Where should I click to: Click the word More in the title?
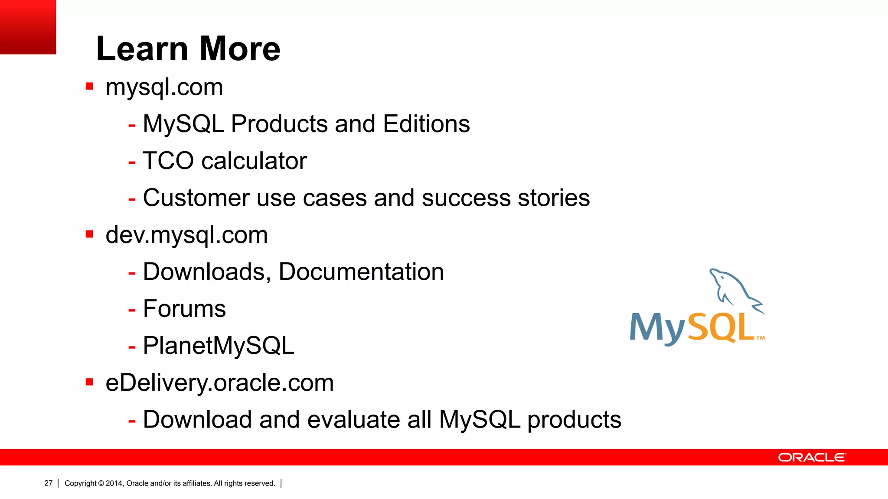point(240,49)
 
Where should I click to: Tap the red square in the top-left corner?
point(28,27)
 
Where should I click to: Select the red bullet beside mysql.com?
point(90,86)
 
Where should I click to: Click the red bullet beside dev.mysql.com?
point(90,234)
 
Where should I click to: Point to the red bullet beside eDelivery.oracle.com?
point(90,382)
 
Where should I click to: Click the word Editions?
point(426,124)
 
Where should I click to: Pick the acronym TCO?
point(168,161)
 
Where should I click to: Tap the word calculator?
point(254,161)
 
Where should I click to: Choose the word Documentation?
point(361,272)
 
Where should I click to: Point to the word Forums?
point(184,308)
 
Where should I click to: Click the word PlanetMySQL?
point(219,346)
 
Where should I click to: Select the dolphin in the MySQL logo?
point(735,289)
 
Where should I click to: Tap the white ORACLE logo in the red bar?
point(812,457)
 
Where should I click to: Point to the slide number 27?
point(49,483)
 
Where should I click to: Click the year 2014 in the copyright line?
point(114,483)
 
